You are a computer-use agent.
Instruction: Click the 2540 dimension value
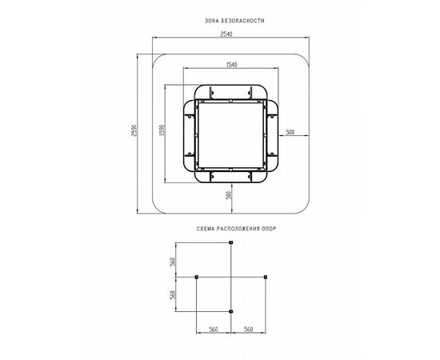tap(226, 34)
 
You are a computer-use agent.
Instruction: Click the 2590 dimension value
tap(134, 130)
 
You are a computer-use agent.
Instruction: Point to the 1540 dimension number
tap(231, 65)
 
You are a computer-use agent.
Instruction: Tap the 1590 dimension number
tap(162, 130)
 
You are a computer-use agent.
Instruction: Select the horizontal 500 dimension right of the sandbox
tap(290, 132)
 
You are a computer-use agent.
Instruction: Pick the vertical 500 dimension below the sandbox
tap(229, 195)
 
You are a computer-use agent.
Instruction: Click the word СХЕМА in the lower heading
tap(205, 229)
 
